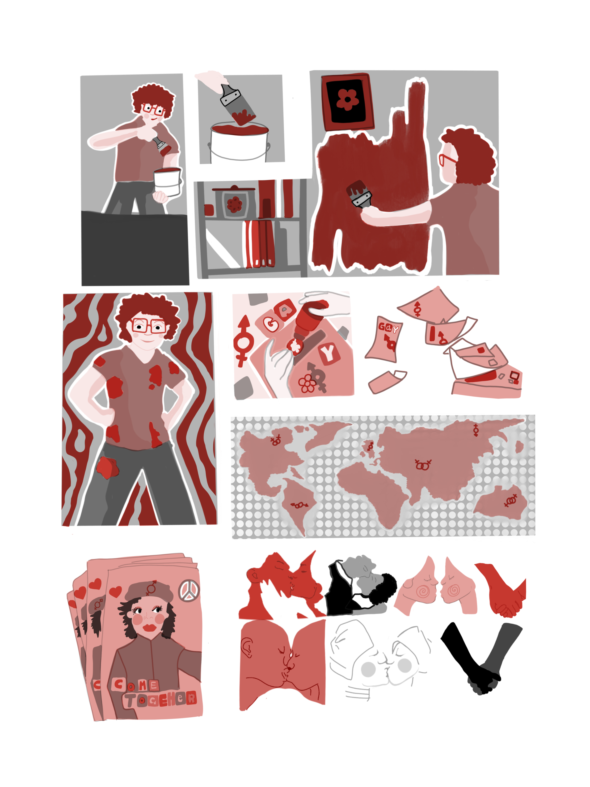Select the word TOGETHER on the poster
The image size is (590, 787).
pyautogui.click(x=160, y=699)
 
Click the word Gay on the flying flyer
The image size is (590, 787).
pyautogui.click(x=388, y=327)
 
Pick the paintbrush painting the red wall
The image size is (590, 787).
pyautogui.click(x=359, y=194)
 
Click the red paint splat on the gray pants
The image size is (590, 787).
pyautogui.click(x=107, y=467)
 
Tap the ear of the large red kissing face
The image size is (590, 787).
pyautogui.click(x=246, y=646)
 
